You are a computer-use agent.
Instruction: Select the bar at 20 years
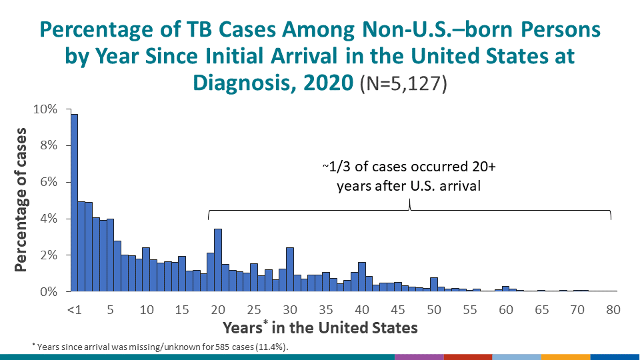pyautogui.click(x=218, y=261)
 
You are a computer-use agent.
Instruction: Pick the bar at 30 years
pyautogui.click(x=290, y=269)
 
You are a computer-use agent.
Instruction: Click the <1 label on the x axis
pyautogui.click(x=75, y=309)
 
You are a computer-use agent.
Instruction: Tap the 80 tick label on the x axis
pyautogui.click(x=613, y=309)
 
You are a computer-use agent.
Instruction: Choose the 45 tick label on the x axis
pyautogui.click(x=398, y=309)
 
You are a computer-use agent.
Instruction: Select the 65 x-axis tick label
pyautogui.click(x=542, y=309)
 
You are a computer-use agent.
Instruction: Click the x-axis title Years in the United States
pyautogui.click(x=320, y=327)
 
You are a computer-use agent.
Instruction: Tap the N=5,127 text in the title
pyautogui.click(x=403, y=85)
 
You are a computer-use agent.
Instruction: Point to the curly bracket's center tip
pyautogui.click(x=409, y=209)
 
